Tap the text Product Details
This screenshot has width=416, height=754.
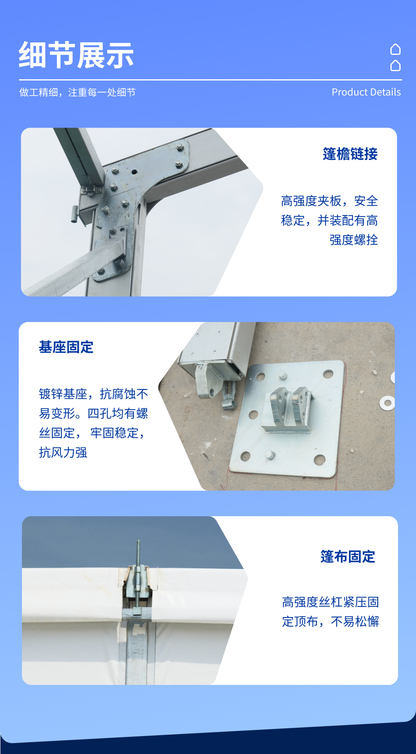click(366, 92)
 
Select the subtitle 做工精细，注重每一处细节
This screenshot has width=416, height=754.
click(78, 93)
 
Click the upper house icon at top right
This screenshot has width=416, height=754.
click(395, 50)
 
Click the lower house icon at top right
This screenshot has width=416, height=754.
click(395, 65)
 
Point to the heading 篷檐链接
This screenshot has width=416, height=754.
click(350, 154)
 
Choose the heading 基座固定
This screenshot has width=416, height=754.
click(66, 347)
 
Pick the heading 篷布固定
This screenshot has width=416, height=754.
click(348, 556)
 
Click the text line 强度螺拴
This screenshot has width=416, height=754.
click(353, 240)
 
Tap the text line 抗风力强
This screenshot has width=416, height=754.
click(63, 452)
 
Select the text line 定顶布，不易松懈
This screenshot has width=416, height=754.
click(330, 621)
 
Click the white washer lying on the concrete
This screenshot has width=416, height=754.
click(387, 403)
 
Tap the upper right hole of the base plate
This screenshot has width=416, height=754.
click(328, 374)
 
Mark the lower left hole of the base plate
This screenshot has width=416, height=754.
click(245, 456)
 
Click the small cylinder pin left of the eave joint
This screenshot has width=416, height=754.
click(74, 214)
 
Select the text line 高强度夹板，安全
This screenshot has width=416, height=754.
click(329, 201)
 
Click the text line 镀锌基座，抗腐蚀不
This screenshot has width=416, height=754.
click(93, 394)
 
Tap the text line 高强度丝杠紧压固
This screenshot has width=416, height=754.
click(330, 602)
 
